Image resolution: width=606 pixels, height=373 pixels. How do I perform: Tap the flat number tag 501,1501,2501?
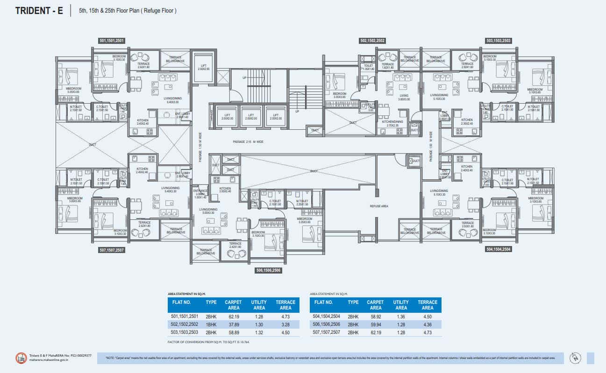click(x=112, y=41)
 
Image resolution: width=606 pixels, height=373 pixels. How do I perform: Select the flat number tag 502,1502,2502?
click(x=372, y=41)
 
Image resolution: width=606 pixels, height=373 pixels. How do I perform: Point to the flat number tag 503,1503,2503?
click(x=499, y=41)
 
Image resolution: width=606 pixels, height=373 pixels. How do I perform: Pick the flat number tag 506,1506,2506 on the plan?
click(x=268, y=270)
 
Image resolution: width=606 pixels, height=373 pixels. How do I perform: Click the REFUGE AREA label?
click(x=379, y=206)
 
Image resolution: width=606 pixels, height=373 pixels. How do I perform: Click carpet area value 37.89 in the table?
click(x=233, y=324)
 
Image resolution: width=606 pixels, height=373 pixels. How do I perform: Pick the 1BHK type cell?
click(x=211, y=324)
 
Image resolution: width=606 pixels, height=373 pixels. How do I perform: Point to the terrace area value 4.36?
click(x=428, y=324)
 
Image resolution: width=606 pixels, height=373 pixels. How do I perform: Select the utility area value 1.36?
click(x=401, y=316)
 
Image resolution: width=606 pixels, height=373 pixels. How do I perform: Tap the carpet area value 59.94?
click(x=375, y=324)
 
